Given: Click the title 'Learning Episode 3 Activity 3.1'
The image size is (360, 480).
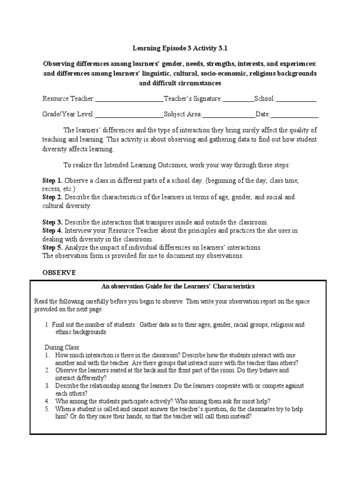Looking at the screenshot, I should click(x=180, y=48).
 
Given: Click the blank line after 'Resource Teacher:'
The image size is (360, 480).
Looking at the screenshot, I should click(x=129, y=99).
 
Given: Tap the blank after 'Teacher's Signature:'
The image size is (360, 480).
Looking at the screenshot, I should click(x=238, y=99).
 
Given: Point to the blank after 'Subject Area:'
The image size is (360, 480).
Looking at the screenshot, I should click(x=229, y=114).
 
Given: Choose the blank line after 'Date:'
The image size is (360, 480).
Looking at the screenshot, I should click(x=295, y=114).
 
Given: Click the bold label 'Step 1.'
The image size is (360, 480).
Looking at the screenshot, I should click(x=52, y=180).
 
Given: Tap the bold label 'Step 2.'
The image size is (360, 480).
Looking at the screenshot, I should click(x=52, y=197).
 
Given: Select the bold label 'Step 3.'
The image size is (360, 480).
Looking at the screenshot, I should click(x=52, y=222).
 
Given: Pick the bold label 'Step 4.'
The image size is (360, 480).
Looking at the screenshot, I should click(x=52, y=231).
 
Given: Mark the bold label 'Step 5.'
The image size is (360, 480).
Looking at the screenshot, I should click(x=52, y=247).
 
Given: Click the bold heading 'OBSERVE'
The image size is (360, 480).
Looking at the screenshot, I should click(x=59, y=272).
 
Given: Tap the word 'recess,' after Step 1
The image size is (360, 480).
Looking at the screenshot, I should click(x=52, y=189).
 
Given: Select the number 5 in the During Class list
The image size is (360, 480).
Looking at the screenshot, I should click(x=47, y=409).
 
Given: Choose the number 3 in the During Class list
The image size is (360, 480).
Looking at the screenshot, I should click(x=47, y=386).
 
